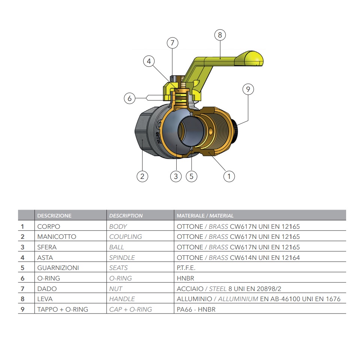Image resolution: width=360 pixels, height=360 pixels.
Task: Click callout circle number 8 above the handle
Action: [220, 35]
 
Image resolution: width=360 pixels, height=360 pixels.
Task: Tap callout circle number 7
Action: [172, 43]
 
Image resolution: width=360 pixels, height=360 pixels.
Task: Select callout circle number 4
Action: [149, 61]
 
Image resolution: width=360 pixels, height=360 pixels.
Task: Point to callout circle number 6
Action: [130, 98]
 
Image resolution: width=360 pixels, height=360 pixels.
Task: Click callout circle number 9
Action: [248, 89]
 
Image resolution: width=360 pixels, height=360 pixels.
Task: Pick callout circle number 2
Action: [142, 176]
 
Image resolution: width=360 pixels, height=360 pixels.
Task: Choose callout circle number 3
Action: [176, 176]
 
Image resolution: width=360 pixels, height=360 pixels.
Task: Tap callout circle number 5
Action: [192, 176]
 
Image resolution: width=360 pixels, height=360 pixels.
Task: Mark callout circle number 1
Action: [229, 176]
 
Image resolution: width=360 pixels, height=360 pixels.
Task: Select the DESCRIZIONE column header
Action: [54, 216]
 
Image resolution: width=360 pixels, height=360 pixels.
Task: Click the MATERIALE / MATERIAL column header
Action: [205, 216]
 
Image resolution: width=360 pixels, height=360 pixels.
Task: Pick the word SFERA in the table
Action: [47, 247]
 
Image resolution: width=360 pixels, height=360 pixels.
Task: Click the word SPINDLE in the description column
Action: [122, 258]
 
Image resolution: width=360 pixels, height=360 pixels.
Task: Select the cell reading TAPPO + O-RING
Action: [63, 309]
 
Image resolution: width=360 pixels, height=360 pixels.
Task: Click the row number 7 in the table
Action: [22, 289]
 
